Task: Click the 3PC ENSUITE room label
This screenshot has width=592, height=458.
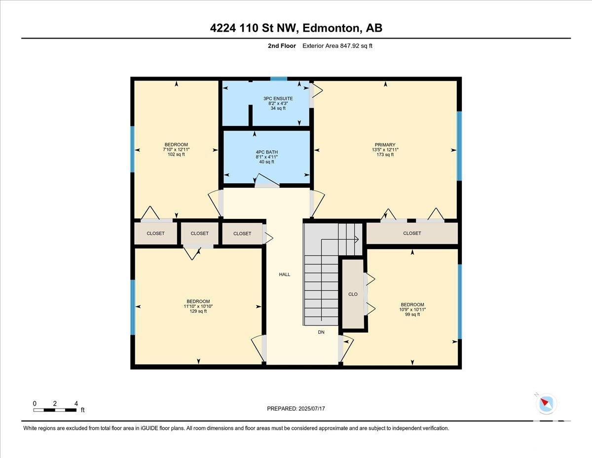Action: click(278, 98)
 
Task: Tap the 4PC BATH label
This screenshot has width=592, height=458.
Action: click(267, 152)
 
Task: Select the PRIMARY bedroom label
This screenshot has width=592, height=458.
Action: click(385, 145)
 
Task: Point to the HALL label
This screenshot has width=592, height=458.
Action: click(285, 274)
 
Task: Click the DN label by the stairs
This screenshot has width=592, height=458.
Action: click(321, 332)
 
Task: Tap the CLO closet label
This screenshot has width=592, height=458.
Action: click(353, 294)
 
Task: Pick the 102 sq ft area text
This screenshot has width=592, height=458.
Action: click(176, 154)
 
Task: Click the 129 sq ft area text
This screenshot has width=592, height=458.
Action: click(198, 311)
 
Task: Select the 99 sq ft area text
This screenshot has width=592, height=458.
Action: click(412, 315)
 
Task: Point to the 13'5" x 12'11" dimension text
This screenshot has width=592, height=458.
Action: click(385, 150)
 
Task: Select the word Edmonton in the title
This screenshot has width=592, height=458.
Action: click(331, 28)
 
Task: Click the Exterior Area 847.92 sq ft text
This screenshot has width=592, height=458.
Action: click(337, 46)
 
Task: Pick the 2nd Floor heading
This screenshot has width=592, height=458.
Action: click(282, 46)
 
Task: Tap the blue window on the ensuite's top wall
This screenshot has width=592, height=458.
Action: click(278, 79)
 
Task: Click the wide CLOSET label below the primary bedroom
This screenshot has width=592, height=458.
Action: click(412, 233)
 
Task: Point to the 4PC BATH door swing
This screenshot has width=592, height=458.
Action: click(267, 180)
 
